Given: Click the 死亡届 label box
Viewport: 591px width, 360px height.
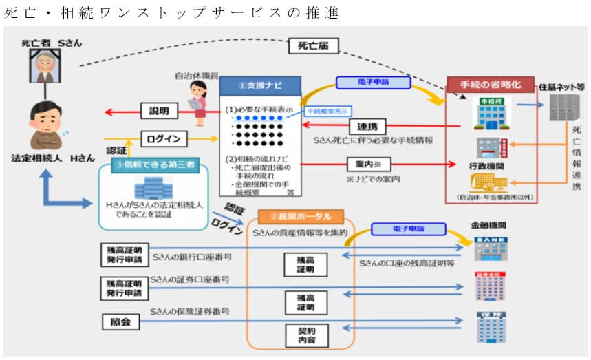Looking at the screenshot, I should (x=317, y=46).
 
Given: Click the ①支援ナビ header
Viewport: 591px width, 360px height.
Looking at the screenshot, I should (x=260, y=86).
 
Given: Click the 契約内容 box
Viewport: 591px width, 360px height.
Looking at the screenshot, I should (x=306, y=336).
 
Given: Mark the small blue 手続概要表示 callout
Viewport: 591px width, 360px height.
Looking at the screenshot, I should (x=327, y=110).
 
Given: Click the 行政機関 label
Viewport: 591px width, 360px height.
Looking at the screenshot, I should (x=487, y=167).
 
